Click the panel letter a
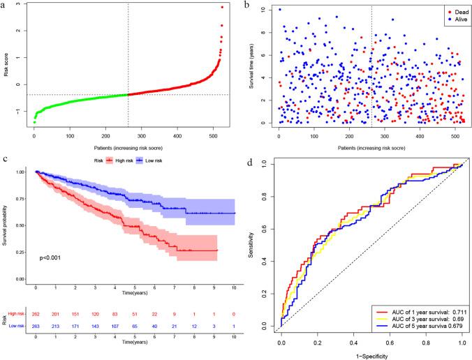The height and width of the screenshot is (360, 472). [4, 5]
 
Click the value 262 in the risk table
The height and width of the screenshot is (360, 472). [36, 314]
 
